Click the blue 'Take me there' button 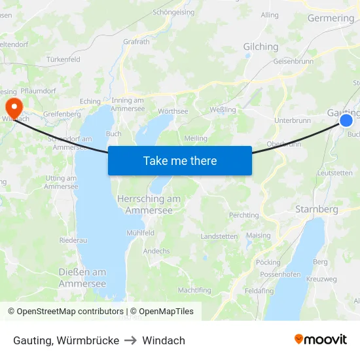point(180,160)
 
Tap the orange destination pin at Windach point(12,107)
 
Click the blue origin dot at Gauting point(346,120)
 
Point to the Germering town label point(331,18)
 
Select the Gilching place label point(261,46)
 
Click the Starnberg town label point(316,209)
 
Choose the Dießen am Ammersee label point(82,278)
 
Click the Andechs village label point(156,251)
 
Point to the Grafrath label point(136,41)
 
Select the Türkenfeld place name point(63,60)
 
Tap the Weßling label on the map point(223,109)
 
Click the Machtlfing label point(194,290)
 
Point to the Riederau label point(73,240)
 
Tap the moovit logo point(321,340)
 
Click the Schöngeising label point(174,12)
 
